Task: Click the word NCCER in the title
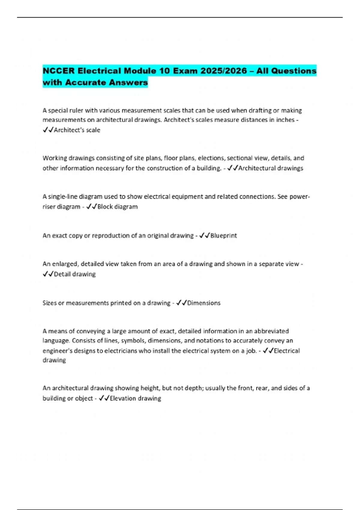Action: pyautogui.click(x=59, y=71)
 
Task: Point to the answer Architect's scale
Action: pyautogui.click(x=77, y=130)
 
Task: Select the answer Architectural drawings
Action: pyautogui.click(x=271, y=168)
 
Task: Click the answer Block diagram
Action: pyautogui.click(x=118, y=207)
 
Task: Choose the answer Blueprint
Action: pyautogui.click(x=223, y=236)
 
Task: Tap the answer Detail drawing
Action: pyautogui.click(x=75, y=274)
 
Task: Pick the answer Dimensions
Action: pyautogui.click(x=204, y=303)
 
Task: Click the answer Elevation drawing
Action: pyautogui.click(x=135, y=398)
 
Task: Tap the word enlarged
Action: pyautogui.click(x=65, y=264)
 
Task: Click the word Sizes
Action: pyautogui.click(x=49, y=303)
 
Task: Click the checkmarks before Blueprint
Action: pyautogui.click(x=204, y=236)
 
